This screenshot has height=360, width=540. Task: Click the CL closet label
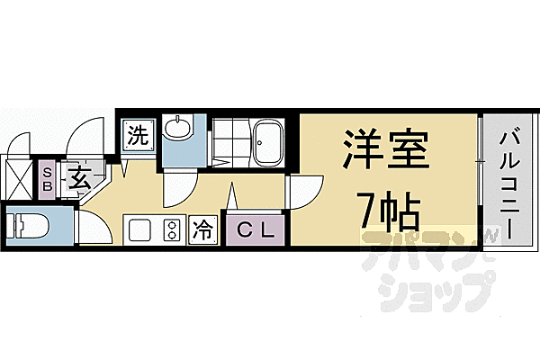point(256,230)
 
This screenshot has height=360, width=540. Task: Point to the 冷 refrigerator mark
point(204,229)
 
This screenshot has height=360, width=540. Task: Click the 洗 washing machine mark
point(137,137)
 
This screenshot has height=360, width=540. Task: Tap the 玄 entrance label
point(78,177)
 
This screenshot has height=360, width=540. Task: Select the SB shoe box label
point(48,177)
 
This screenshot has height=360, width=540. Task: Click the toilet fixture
point(27,225)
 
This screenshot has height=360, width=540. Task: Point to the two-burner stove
point(169,229)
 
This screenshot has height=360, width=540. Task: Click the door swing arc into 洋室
point(304,191)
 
